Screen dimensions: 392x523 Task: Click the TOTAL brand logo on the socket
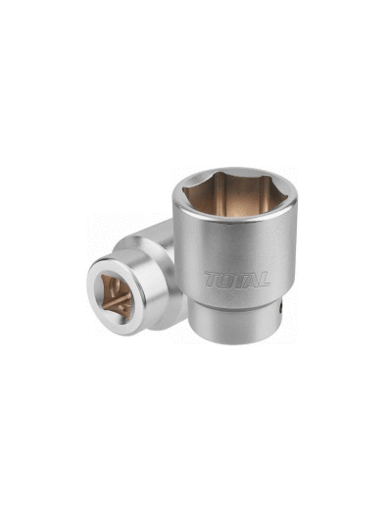[x=237, y=280]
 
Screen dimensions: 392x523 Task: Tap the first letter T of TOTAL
[x=212, y=279]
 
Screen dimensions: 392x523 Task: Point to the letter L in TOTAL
[x=263, y=280]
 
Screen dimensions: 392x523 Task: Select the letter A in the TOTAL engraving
[x=251, y=280]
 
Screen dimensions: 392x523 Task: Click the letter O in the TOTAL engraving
[x=224, y=280]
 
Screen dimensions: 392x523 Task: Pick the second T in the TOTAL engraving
[x=238, y=279]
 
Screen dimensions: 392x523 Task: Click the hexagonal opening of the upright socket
[x=235, y=195]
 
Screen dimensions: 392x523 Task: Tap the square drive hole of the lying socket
[x=117, y=297]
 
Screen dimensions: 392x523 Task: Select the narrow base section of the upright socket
[x=235, y=324]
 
